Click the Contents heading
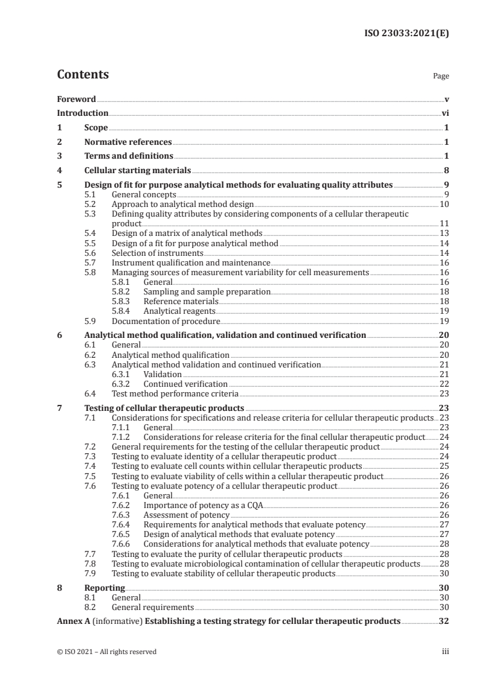tap(83, 75)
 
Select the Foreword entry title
tap(76, 99)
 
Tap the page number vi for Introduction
tap(445, 113)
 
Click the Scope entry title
tap(96, 128)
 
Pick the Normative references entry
tap(128, 142)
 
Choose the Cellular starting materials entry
tap(138, 171)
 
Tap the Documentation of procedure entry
tap(166, 321)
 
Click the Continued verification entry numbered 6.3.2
tap(185, 384)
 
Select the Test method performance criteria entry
tap(175, 393)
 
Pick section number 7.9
tap(90, 573)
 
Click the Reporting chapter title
tap(104, 588)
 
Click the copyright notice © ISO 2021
tap(106, 652)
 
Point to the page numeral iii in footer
tap(446, 652)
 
